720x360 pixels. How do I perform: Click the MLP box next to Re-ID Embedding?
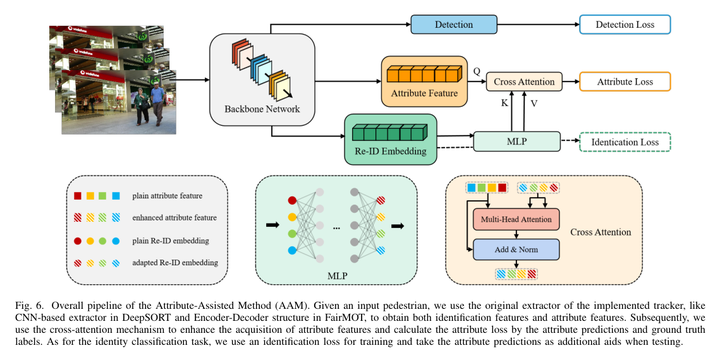[x=517, y=142]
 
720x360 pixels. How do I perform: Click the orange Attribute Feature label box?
[x=425, y=94]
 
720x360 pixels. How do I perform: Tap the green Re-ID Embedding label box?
[x=385, y=153]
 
